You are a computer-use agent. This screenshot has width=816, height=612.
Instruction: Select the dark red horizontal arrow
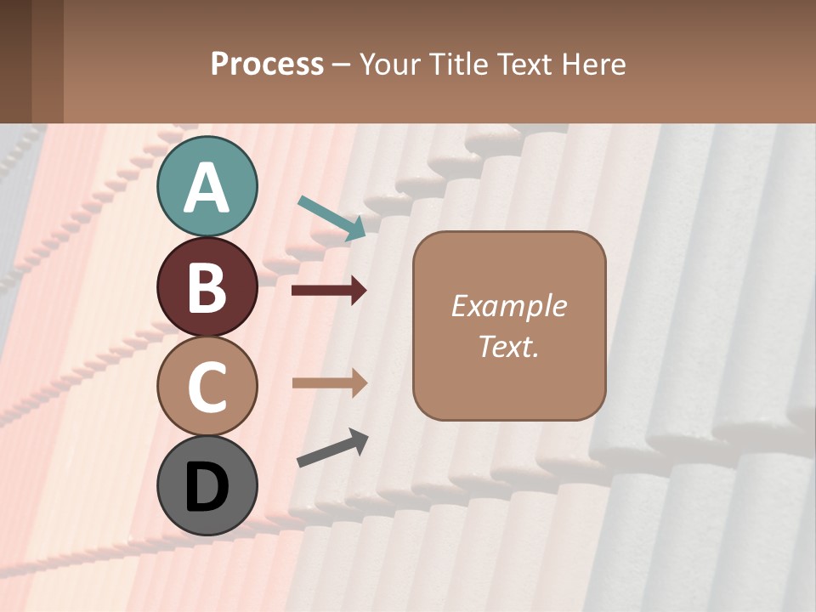329,291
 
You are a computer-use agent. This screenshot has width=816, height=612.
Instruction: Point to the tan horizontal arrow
329,382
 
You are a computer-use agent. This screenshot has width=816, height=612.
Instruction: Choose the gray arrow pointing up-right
332,449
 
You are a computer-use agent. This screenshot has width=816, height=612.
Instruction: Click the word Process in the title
267,65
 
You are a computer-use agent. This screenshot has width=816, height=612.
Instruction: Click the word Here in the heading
592,65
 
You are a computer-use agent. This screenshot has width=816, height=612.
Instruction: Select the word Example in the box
508,306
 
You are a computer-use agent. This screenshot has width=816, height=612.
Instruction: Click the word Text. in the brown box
508,346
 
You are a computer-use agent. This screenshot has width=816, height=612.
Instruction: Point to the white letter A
207,188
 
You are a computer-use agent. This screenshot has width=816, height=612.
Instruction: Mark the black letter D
207,487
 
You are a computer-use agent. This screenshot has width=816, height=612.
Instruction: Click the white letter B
207,287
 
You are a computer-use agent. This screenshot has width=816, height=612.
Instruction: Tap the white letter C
207,388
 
